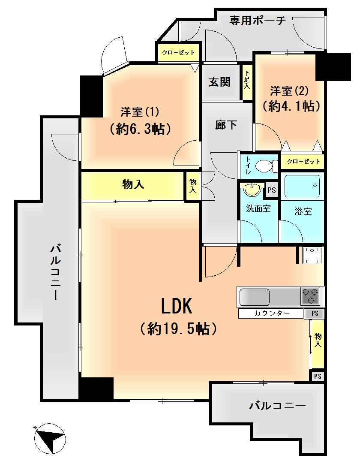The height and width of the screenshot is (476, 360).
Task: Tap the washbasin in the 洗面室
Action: click(253, 190)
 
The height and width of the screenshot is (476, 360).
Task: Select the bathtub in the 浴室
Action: click(303, 186)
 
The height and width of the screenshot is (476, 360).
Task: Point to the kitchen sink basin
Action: click(255, 297)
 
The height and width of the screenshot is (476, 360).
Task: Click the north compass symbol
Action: click(50, 438)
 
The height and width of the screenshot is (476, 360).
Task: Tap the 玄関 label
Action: click(219, 82)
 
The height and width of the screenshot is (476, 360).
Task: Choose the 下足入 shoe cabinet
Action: click(247, 82)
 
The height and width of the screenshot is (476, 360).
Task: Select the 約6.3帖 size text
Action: click(141, 129)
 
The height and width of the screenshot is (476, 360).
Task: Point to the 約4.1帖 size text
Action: click(291, 105)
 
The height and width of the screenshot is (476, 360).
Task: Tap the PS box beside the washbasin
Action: click(272, 190)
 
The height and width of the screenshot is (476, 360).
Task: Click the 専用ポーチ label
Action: click(258, 21)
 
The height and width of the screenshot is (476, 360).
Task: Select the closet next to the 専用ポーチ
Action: click(178, 52)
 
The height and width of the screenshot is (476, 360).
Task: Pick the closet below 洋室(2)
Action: click(303, 161)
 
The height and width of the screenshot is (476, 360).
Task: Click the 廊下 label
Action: click(226, 124)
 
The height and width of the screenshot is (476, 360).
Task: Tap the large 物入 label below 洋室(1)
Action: click(133, 184)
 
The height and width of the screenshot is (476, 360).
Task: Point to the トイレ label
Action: click(248, 166)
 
